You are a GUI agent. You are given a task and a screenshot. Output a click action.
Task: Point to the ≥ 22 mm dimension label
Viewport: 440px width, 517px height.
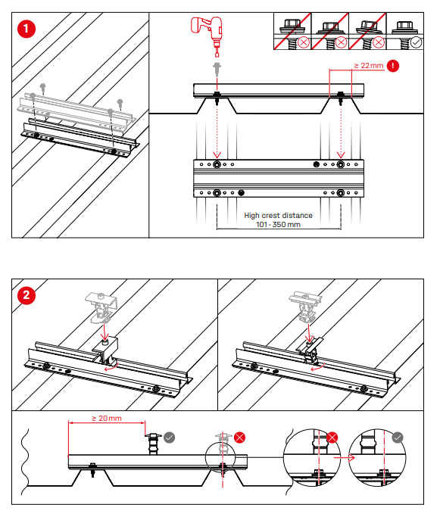pyautogui.click(x=368, y=67)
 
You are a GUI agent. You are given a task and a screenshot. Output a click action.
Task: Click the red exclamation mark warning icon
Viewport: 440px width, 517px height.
pyautogui.click(x=393, y=67)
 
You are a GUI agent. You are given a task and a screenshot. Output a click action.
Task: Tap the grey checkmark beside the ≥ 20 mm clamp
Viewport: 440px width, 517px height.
pyautogui.click(x=170, y=437)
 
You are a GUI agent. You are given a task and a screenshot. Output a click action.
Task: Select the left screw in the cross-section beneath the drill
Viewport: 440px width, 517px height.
pyautogui.click(x=217, y=96)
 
